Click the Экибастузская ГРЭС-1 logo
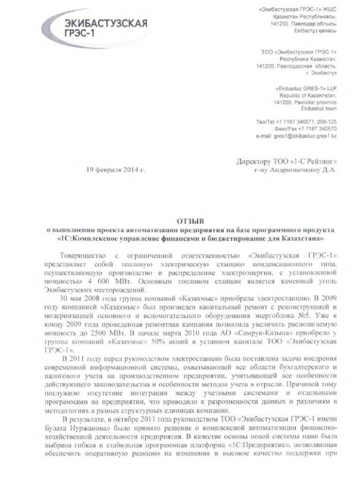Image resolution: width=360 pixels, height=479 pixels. click(105, 26)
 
